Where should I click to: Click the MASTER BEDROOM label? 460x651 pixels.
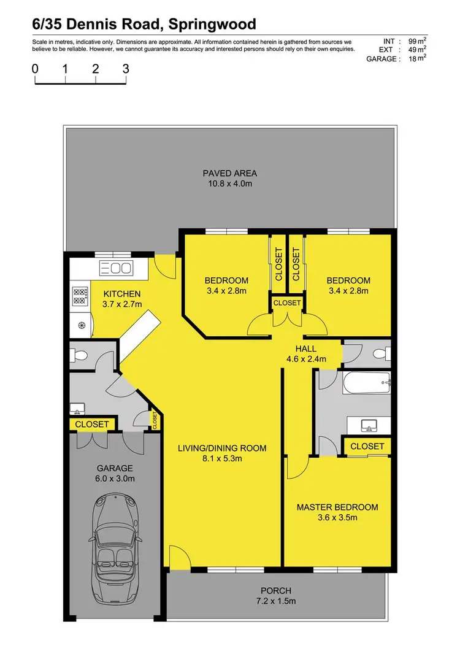coord(337,507)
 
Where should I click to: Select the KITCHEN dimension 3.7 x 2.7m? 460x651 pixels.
coord(121,304)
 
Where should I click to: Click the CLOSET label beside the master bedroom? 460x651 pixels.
coord(367,446)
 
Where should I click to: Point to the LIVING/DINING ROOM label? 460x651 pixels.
coord(222,448)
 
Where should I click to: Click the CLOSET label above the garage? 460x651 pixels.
coord(91,424)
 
